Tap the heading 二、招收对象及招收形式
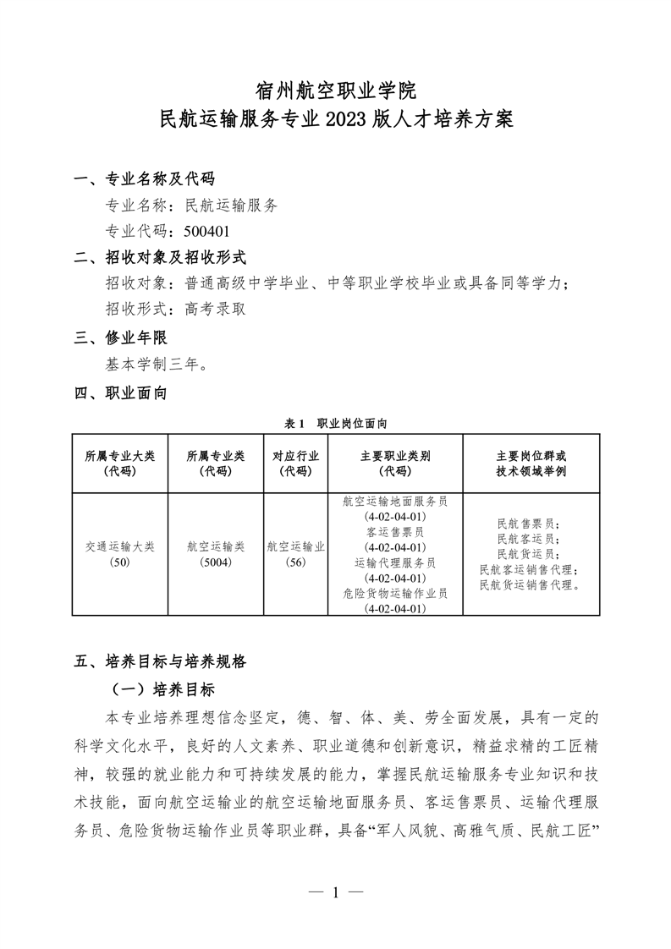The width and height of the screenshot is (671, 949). (161, 257)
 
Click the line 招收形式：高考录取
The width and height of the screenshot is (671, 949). (175, 309)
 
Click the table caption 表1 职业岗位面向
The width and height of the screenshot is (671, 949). (335, 422)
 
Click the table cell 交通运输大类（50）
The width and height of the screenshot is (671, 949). (120, 554)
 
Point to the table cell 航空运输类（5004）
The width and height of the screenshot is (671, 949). (216, 554)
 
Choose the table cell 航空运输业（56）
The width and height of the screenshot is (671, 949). (295, 554)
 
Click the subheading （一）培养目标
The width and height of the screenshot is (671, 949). (159, 688)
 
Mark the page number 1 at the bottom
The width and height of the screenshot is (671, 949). (336, 891)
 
